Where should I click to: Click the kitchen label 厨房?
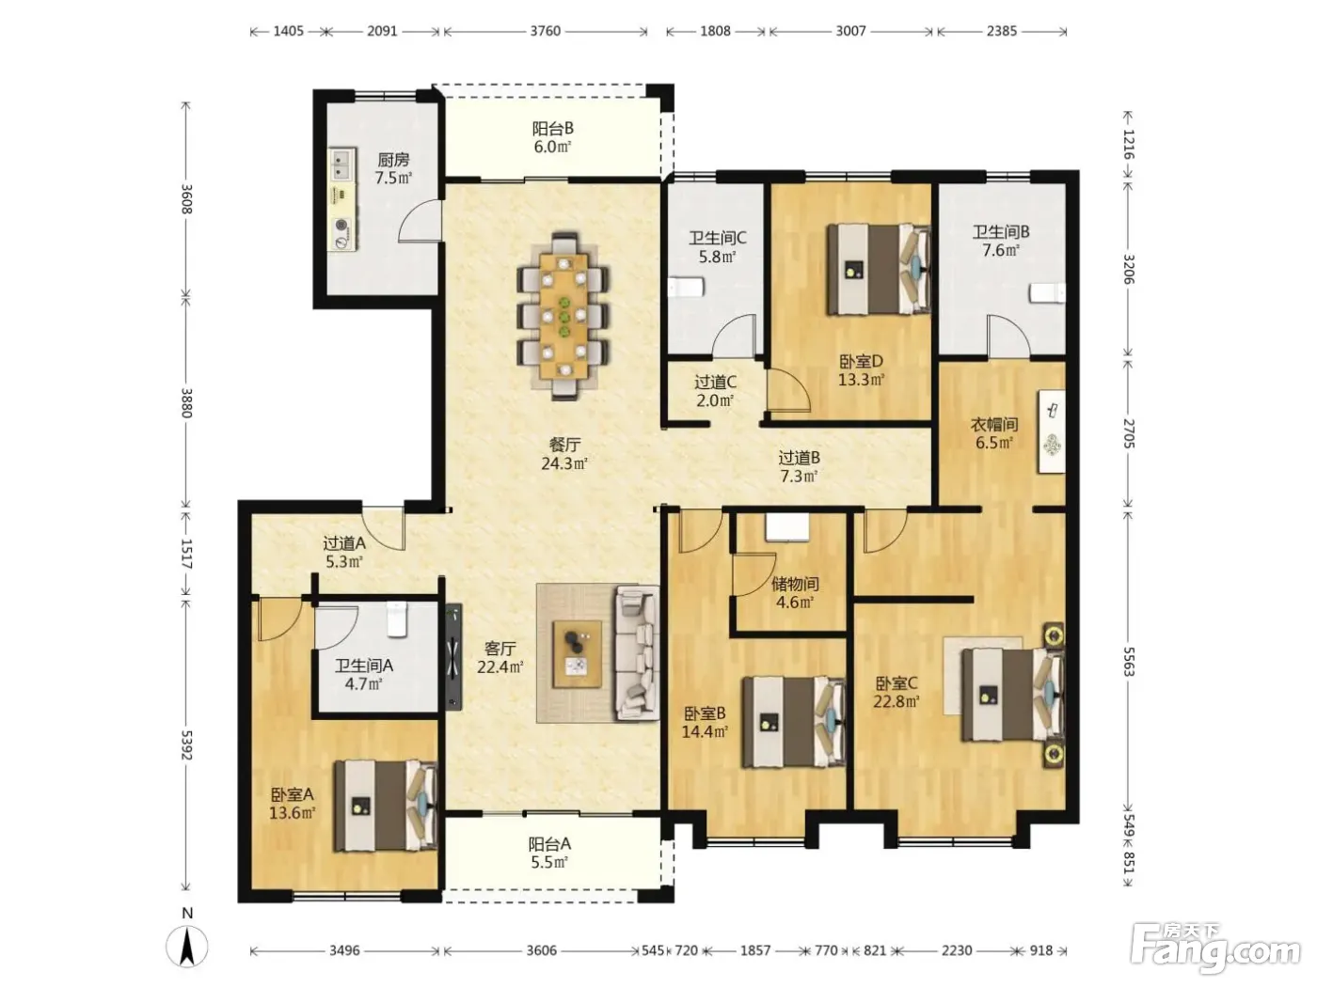(x=393, y=160)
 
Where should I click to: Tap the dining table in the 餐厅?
(x=563, y=316)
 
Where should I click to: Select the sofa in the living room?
(x=637, y=652)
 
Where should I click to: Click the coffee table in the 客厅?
(x=577, y=654)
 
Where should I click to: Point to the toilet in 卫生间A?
(x=397, y=619)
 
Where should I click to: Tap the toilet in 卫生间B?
(x=1047, y=294)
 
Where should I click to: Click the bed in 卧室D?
(x=879, y=269)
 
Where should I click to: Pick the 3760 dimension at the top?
(x=545, y=31)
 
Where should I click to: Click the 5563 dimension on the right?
(x=1128, y=662)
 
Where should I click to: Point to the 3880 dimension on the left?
(x=186, y=403)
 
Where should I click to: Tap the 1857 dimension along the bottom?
(x=754, y=950)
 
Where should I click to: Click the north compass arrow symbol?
(x=187, y=947)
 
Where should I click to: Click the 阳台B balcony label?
(x=552, y=128)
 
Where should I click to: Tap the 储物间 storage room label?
(x=795, y=584)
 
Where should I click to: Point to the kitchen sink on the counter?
(x=341, y=164)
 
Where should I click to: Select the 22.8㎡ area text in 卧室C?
(x=896, y=700)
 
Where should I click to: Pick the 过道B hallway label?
(x=800, y=458)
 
